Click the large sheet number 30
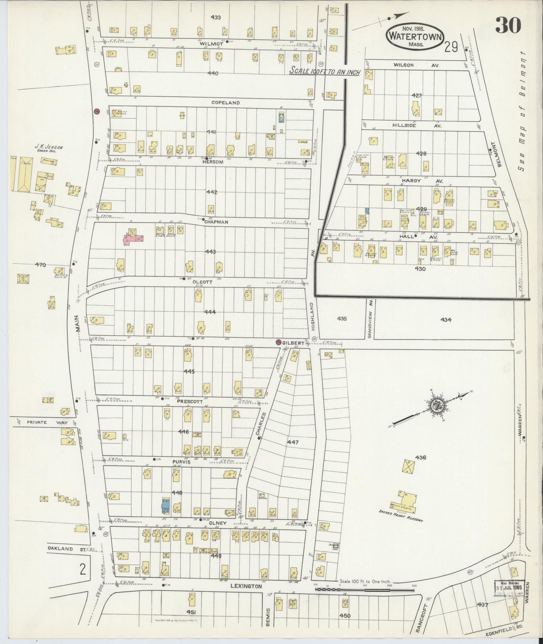point(508,26)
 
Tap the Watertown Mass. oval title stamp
point(414,36)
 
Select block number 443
point(210,252)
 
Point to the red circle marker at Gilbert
point(278,342)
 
